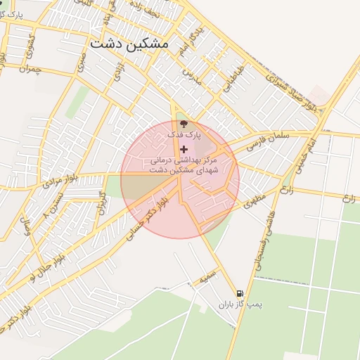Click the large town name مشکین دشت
coord(129,44)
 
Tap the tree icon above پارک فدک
coord(184,124)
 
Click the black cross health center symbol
coord(184,149)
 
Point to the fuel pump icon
coord(240,293)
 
